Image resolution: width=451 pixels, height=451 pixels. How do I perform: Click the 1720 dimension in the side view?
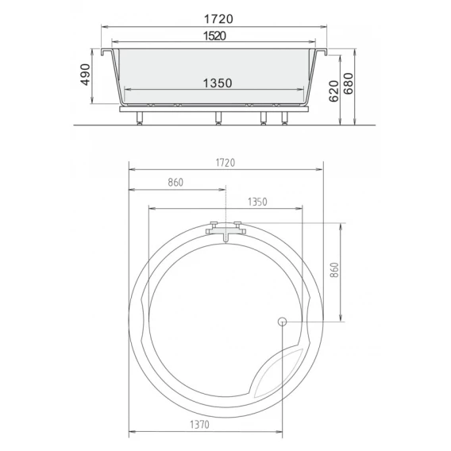(x=218, y=19)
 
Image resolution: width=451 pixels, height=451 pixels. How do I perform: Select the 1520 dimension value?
(x=214, y=36)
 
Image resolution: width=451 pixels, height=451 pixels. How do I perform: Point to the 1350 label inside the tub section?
(x=218, y=83)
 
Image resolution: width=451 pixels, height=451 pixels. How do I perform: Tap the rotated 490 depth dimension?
(x=85, y=75)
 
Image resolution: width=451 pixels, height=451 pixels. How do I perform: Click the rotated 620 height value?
(x=334, y=91)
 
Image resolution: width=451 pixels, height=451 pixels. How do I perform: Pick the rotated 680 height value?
(x=349, y=83)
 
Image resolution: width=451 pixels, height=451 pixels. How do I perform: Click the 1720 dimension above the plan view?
(x=225, y=163)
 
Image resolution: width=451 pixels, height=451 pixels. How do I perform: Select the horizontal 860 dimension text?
(x=175, y=183)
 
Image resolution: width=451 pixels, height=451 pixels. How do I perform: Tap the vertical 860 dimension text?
(x=334, y=270)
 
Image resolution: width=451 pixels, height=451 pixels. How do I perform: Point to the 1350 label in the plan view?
(x=257, y=202)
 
